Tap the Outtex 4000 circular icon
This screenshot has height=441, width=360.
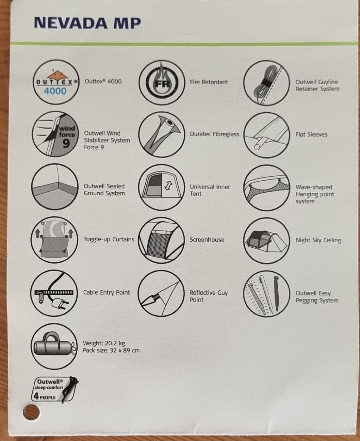point(56,82)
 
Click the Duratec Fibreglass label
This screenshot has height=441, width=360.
point(214,134)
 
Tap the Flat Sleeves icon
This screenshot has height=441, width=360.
point(267,135)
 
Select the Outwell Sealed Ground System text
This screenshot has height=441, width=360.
point(104,190)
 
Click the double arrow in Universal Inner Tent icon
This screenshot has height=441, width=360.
point(168,186)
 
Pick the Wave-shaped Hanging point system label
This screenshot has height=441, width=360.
point(315,194)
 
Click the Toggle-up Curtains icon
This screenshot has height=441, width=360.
point(54,240)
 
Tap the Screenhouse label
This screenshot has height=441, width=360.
point(207,240)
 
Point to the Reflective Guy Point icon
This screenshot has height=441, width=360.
point(161,293)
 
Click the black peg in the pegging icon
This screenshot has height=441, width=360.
point(277,293)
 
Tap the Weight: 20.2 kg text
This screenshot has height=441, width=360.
point(104,343)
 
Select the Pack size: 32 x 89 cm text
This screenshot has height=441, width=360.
point(111,350)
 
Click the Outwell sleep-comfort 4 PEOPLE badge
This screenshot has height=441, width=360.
point(55,389)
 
